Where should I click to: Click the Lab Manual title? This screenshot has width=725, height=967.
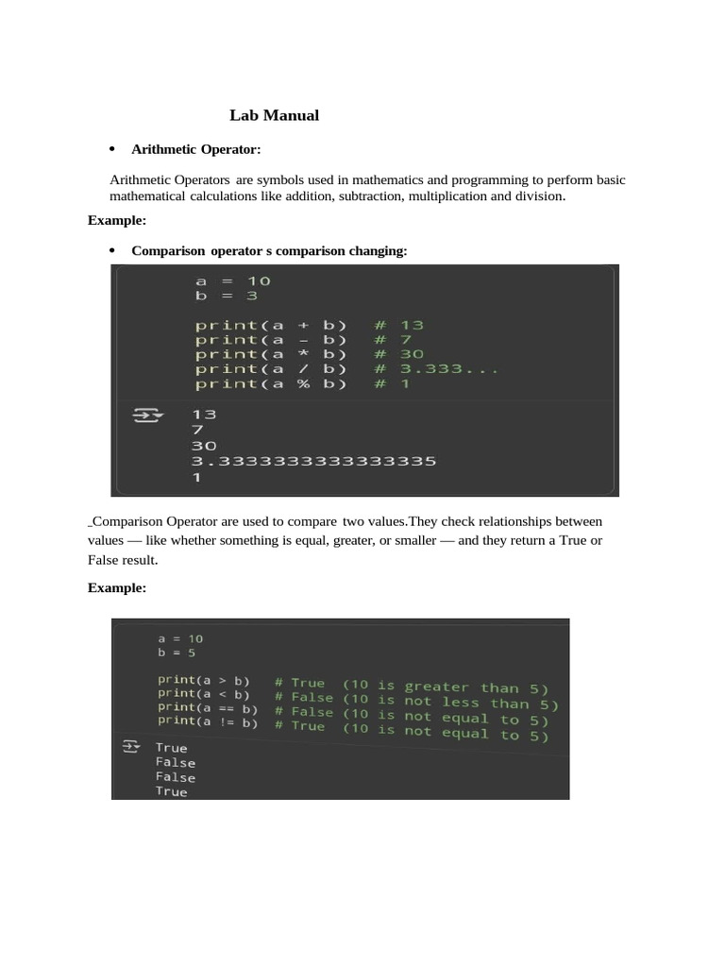pyautogui.click(x=274, y=116)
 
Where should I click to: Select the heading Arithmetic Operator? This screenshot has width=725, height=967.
pyautogui.click(x=195, y=149)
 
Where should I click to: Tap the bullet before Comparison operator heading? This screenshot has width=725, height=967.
pyautogui.click(x=111, y=250)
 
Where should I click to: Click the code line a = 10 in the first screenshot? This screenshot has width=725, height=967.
pyautogui.click(x=233, y=280)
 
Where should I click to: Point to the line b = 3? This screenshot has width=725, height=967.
pyautogui.click(x=227, y=296)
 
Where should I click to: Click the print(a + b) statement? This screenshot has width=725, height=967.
pyautogui.click(x=271, y=325)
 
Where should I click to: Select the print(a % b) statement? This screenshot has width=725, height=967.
pyautogui.click(x=271, y=383)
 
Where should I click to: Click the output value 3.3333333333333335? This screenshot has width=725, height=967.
pyautogui.click(x=313, y=461)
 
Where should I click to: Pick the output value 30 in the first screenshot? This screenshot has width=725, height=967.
pyautogui.click(x=204, y=446)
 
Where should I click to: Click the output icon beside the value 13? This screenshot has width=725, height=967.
pyautogui.click(x=147, y=415)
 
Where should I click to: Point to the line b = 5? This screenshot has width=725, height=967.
pyautogui.click(x=177, y=653)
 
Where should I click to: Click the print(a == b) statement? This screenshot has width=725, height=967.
pyautogui.click(x=208, y=708)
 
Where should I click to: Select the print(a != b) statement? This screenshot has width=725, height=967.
pyautogui.click(x=208, y=722)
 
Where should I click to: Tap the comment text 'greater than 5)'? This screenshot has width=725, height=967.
pyautogui.click(x=477, y=687)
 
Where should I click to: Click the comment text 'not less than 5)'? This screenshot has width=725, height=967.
pyautogui.click(x=481, y=703)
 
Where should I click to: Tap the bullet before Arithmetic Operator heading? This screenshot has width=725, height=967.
pyautogui.click(x=111, y=149)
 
